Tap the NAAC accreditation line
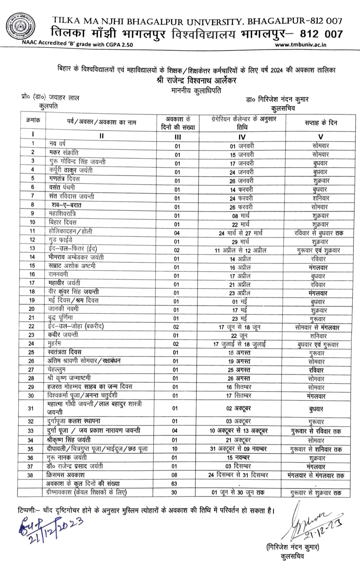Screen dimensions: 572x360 pyautogui.click(x=77, y=43)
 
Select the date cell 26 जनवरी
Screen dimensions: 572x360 pyautogui.click(x=242, y=181)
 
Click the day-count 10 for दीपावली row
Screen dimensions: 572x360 pyautogui.click(x=175, y=449)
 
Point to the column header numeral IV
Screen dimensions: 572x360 pyautogui.click(x=242, y=137)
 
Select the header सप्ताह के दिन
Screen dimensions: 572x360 pyautogui.click(x=321, y=123)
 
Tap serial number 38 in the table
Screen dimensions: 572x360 pyautogui.click(x=30, y=475)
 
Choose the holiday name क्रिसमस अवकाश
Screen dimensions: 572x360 pyautogui.click(x=66, y=475)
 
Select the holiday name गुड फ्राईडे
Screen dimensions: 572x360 pyautogui.click(x=60, y=240)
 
